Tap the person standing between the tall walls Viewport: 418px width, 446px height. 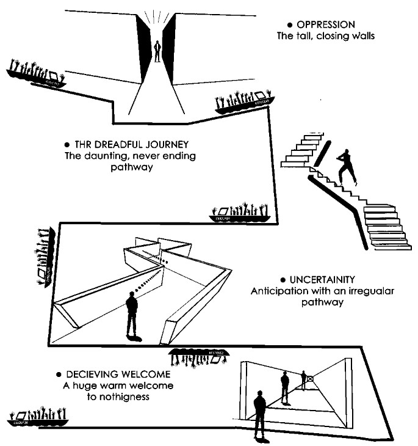(157, 51)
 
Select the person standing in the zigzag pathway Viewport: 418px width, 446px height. (131, 315)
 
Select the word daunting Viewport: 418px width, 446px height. (103, 156)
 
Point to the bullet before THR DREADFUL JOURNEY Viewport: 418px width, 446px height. (67, 145)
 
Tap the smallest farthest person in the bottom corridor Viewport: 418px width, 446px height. (303, 380)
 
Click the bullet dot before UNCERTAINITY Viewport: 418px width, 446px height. (275, 280)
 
